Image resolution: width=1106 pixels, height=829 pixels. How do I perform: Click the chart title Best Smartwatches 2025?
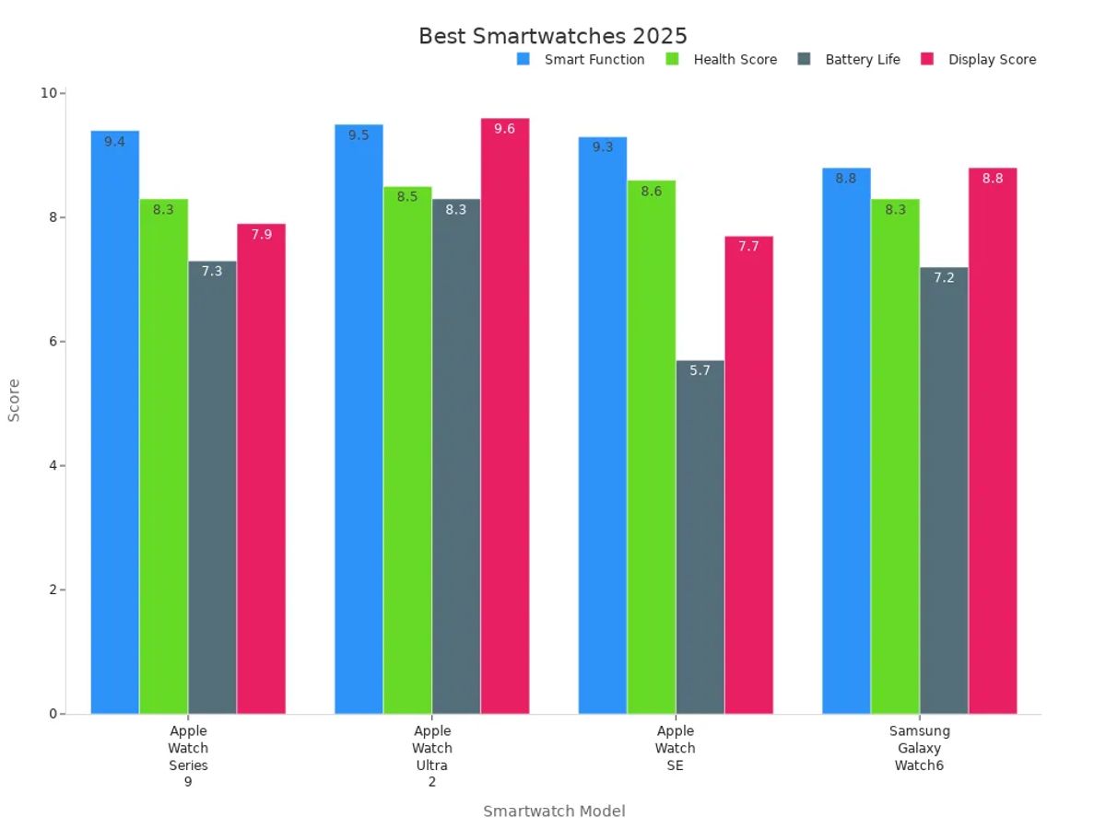553,36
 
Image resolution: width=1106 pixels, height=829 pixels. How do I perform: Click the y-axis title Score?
14,401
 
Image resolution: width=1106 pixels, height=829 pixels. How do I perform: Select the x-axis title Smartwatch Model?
554,811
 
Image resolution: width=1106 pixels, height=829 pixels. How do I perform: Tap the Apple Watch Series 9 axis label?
188,756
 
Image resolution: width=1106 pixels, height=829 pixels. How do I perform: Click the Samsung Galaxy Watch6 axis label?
919,748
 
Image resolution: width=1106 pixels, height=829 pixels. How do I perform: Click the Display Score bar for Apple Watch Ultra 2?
504,415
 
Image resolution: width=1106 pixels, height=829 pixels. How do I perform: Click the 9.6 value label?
504,129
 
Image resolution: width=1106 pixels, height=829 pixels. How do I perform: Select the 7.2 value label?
944,277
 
